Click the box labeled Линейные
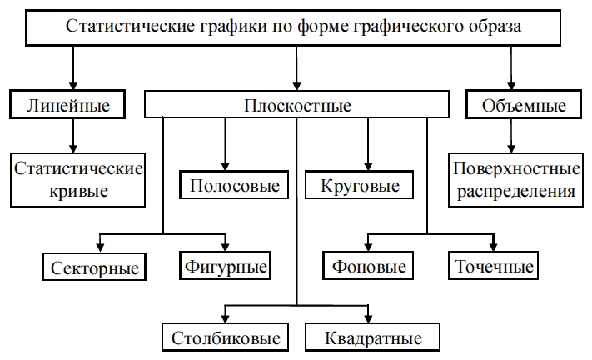pos(74,106)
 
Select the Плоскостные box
pos(297,106)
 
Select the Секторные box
pos(93,268)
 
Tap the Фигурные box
pos(225,267)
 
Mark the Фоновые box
pos(368,267)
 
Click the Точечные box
pos(494,267)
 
